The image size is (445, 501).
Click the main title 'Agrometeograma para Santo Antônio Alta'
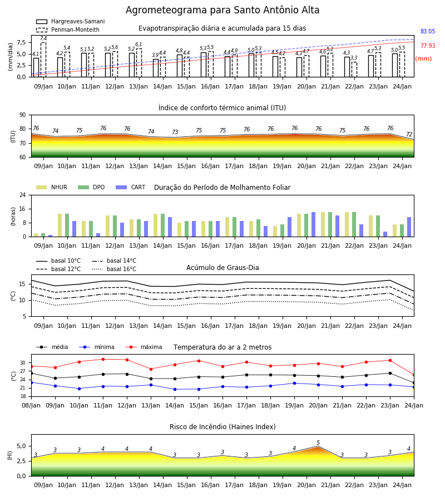point(222,10)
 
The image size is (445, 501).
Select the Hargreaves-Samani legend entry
point(71,21)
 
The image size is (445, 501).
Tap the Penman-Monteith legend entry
point(68,30)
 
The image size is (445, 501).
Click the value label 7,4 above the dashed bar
point(43,38)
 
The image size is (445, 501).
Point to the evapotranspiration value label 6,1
point(139,45)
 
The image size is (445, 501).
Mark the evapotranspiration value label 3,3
point(354,58)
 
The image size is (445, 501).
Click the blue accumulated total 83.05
point(428,31)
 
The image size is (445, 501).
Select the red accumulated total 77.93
point(428,46)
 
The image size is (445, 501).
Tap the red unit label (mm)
point(423,59)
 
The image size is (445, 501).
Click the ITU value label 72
point(409,134)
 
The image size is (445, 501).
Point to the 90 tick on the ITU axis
point(23,115)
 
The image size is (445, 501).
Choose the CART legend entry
point(131,187)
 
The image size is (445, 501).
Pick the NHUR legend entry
point(52,187)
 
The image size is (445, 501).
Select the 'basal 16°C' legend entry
point(114,269)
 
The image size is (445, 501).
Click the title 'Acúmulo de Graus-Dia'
point(222,267)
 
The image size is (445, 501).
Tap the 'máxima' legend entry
point(144,347)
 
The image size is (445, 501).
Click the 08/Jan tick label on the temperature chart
point(31,405)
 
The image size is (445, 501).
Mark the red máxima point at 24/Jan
point(414,375)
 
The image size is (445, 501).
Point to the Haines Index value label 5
point(318,443)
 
